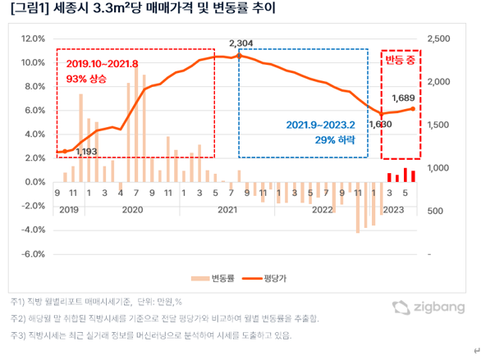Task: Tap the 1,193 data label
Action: coord(87,152)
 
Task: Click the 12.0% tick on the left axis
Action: coord(32,39)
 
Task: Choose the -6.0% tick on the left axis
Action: coord(32,254)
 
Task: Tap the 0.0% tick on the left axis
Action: coord(34,182)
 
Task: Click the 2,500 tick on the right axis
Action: coord(439,39)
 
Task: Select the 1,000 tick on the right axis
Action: coord(439,168)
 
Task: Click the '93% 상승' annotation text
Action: coord(86,79)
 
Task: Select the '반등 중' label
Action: coord(401,62)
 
